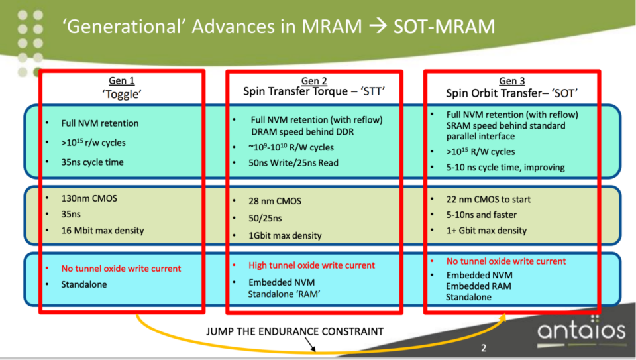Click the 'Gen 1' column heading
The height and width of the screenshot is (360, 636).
tap(122, 80)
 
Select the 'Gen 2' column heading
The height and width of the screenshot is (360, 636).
tap(314, 80)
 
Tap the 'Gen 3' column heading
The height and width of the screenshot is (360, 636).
tap(512, 81)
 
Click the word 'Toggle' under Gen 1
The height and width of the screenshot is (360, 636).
tap(122, 95)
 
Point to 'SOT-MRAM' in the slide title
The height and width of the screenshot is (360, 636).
tap(444, 27)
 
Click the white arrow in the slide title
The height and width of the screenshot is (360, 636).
tap(378, 27)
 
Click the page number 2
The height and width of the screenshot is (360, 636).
tap(484, 348)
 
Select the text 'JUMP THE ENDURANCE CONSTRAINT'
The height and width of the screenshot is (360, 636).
tap(295, 331)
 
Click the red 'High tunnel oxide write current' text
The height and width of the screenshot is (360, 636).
tap(311, 265)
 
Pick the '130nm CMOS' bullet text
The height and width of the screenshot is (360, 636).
tap(89, 198)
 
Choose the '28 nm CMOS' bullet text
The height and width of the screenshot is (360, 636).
tap(275, 201)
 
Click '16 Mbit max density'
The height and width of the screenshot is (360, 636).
tap(103, 231)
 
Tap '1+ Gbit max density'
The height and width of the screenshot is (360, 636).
tap(486, 231)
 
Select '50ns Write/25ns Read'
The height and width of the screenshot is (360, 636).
tap(293, 162)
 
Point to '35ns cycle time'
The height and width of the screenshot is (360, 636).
tap(93, 162)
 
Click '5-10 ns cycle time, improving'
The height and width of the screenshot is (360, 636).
tap(505, 167)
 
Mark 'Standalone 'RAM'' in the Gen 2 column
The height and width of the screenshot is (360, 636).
tap(284, 294)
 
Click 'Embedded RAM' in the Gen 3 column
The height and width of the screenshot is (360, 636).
tap(478, 286)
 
